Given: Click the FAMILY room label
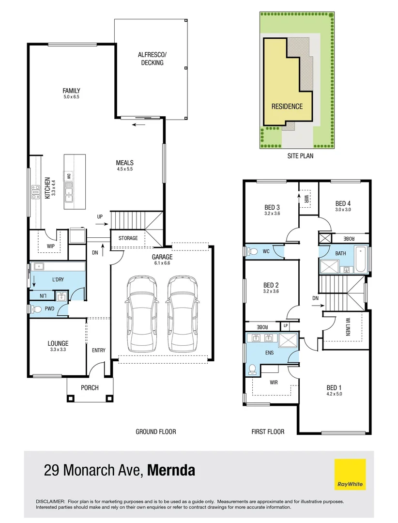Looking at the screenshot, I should coord(71,91).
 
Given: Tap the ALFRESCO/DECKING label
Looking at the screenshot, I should coord(151,59).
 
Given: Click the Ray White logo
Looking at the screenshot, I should coord(350,475).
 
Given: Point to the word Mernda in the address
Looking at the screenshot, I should coord(171,470).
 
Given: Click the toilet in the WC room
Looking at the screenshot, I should coord(252,252).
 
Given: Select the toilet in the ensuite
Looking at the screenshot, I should coord(252,369).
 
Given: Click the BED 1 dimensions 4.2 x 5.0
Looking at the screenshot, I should coord(335,394).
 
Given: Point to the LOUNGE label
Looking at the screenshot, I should coord(58,343).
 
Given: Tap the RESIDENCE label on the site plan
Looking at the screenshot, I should coord(287,107).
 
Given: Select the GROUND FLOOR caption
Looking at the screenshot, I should coord(155,431).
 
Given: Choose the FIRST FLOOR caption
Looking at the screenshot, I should coord(268,431).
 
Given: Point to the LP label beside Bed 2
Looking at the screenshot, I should coord(286,326).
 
